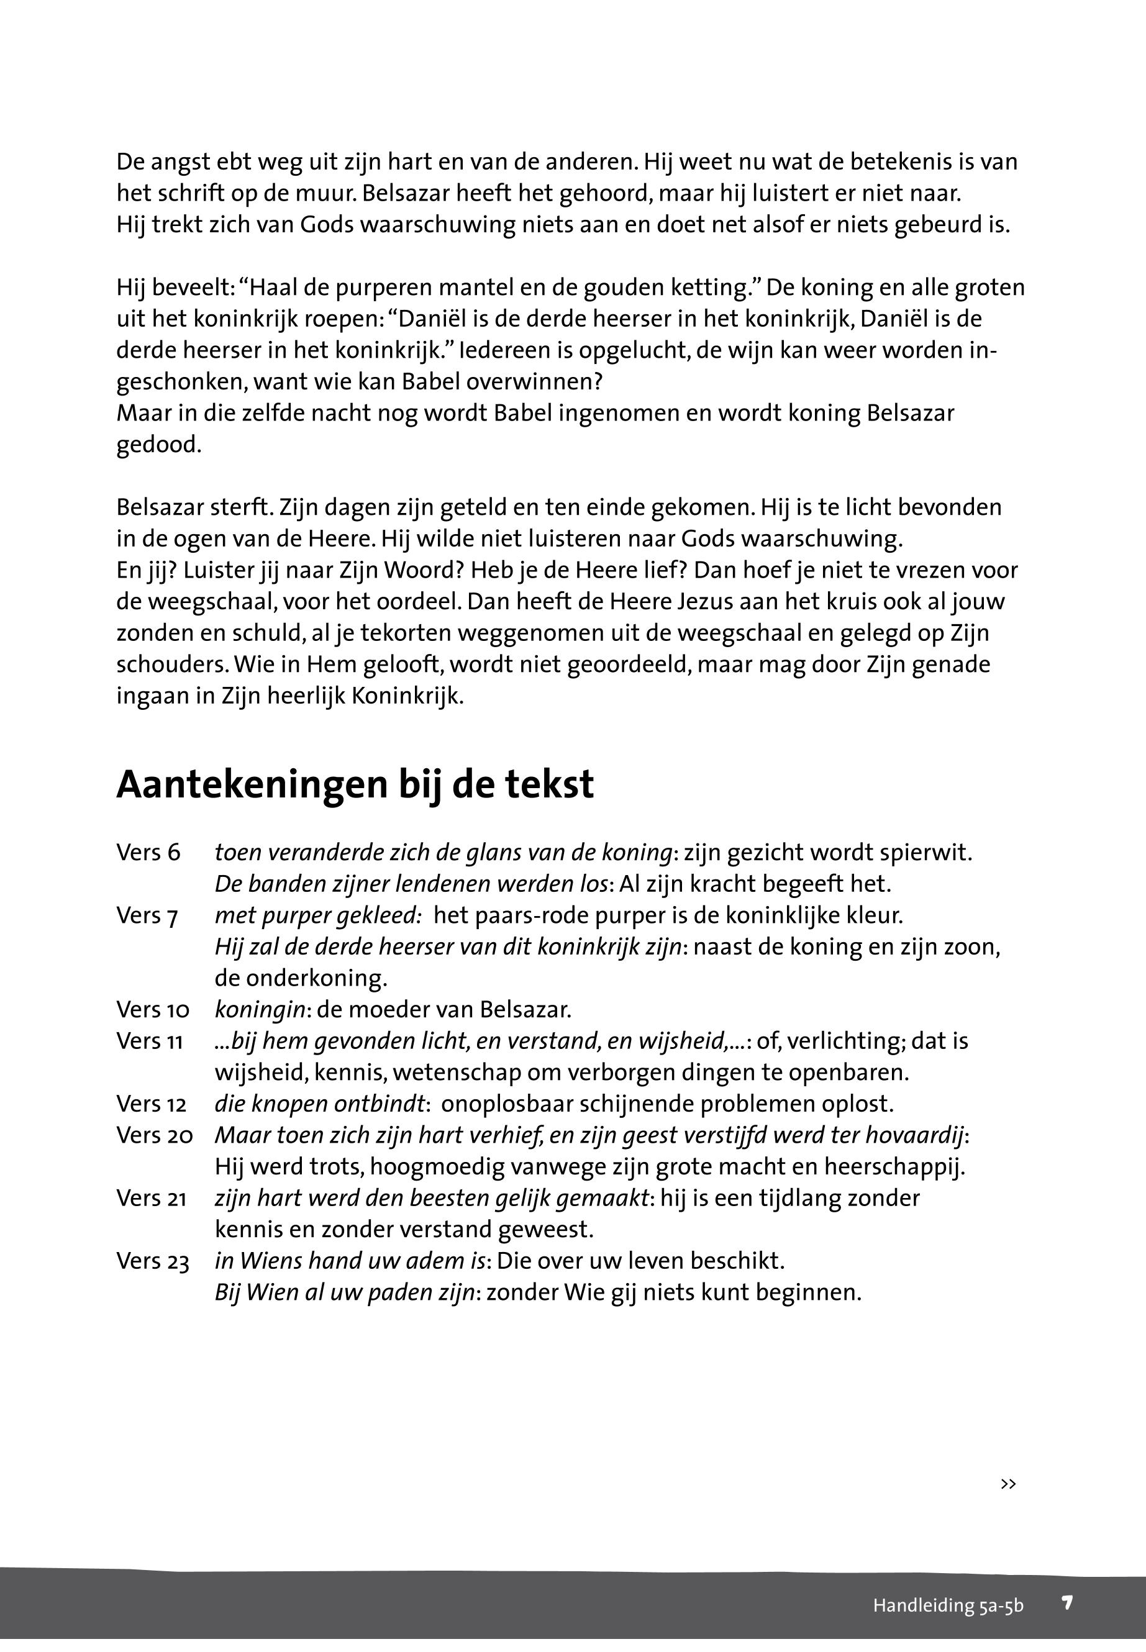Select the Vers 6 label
point(148,853)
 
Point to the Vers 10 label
point(153,1010)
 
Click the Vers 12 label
point(152,1104)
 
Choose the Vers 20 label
point(155,1135)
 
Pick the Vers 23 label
point(153,1261)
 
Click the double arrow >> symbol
point(1008,1484)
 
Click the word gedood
point(158,446)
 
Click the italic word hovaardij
point(914,1135)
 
